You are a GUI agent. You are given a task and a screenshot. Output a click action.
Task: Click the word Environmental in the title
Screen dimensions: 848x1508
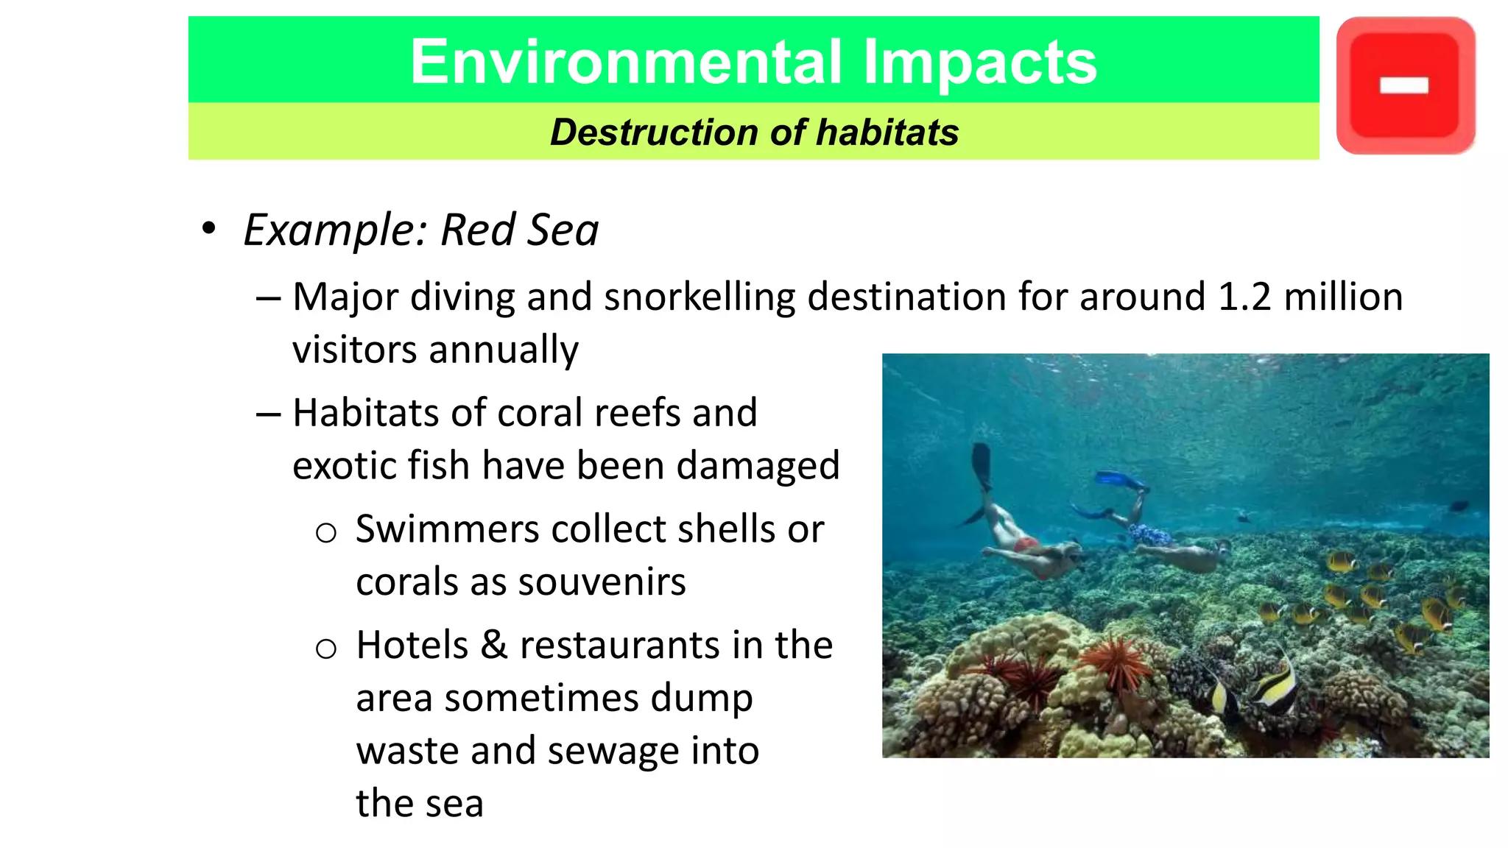tap(625, 62)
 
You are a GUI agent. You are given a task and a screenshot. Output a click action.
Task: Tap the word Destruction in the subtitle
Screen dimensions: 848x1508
tap(654, 132)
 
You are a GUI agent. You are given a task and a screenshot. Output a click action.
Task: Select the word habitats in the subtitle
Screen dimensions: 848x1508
tap(887, 132)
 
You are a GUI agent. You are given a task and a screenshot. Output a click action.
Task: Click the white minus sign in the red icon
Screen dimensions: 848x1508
tap(1403, 86)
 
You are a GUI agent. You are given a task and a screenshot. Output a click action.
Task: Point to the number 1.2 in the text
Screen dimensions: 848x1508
tap(1244, 297)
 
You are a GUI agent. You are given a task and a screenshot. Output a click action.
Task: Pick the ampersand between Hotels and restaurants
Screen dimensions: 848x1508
tap(494, 645)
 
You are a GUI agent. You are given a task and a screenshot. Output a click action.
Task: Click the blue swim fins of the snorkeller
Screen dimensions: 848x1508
tap(1120, 481)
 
